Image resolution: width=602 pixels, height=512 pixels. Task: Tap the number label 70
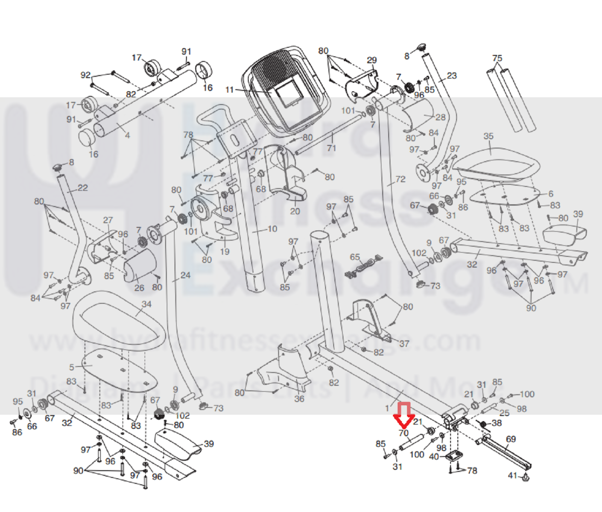pos(403,433)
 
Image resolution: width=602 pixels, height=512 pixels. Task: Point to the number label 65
pos(355,257)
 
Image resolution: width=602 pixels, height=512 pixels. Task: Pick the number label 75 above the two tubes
pos(497,58)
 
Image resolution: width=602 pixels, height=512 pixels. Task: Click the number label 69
pos(511,439)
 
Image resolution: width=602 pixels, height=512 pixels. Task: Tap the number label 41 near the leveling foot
pos(513,475)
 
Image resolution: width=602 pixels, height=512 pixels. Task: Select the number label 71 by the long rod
pos(331,148)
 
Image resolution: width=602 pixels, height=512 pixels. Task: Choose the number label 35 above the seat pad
pos(488,136)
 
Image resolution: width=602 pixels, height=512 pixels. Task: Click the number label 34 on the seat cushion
pos(146,304)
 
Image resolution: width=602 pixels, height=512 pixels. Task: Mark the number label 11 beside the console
pos(230,90)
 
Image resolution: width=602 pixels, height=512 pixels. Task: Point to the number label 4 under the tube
pos(127,135)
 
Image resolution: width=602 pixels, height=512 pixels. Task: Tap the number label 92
pos(85,75)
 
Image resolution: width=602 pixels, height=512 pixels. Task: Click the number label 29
pos(371,60)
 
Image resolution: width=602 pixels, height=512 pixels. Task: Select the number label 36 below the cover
pos(299,399)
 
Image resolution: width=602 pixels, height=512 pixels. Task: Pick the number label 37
pos(404,343)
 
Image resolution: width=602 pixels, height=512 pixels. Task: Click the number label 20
pos(295,211)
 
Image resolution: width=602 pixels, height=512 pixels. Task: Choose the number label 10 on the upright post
pos(272,229)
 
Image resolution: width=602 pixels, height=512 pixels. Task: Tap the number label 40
pos(434,456)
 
